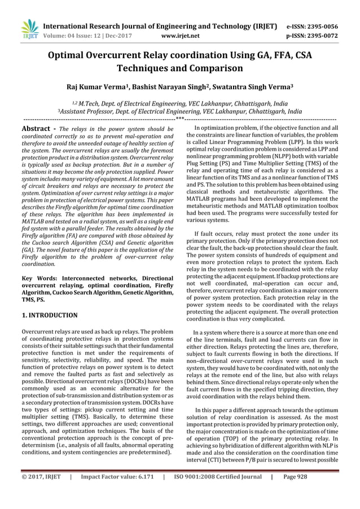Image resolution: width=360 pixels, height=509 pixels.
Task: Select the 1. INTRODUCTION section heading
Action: [x=49, y=315]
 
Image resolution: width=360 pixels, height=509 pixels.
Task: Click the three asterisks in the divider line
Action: [x=179, y=119]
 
